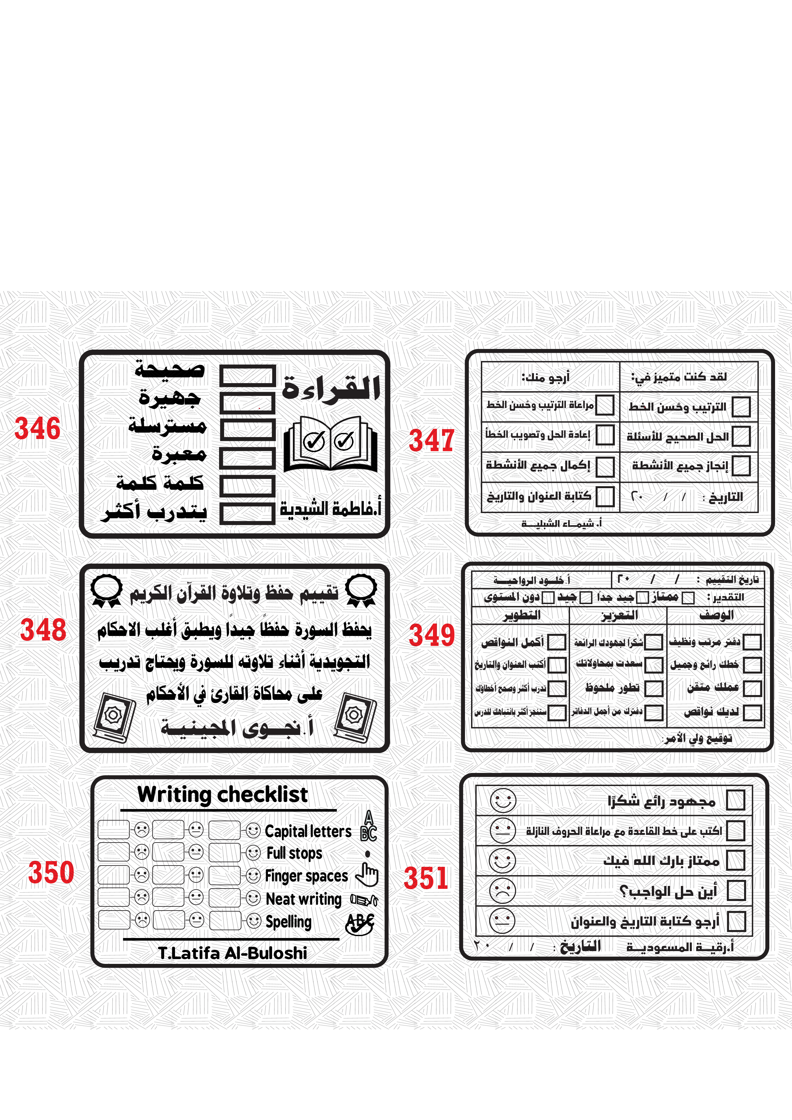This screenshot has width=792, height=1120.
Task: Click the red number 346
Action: (x=38, y=428)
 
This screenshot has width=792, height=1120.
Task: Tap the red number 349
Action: (x=431, y=635)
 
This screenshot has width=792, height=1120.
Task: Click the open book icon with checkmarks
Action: (x=330, y=443)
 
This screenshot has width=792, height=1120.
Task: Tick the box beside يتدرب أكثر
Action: (x=247, y=514)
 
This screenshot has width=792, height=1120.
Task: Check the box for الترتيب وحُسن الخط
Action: (x=741, y=407)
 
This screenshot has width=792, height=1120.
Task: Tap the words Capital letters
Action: (x=308, y=831)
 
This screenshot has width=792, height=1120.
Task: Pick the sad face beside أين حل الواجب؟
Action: (x=503, y=891)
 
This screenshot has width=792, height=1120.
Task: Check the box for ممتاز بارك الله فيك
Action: (x=735, y=860)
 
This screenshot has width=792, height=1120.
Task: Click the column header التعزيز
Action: (x=619, y=615)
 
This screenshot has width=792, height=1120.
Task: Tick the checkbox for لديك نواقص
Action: (x=752, y=712)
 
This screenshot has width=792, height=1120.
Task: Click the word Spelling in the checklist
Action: (x=288, y=921)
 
